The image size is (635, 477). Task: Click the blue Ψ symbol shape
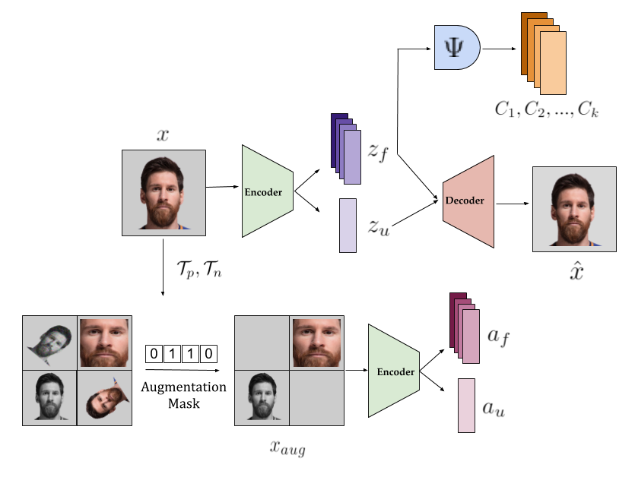(x=457, y=48)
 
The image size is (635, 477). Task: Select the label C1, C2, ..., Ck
(x=547, y=109)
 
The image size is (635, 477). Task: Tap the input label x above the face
(x=163, y=136)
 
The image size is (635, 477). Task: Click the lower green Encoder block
(x=393, y=371)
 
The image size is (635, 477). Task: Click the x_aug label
(x=288, y=448)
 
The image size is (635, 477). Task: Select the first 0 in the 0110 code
(x=154, y=353)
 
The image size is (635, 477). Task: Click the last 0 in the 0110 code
(x=209, y=353)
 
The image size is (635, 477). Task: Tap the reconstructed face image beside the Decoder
(x=574, y=209)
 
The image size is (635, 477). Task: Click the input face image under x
(x=164, y=193)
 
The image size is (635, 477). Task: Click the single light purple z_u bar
(x=348, y=225)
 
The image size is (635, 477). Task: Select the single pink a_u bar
(x=466, y=406)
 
